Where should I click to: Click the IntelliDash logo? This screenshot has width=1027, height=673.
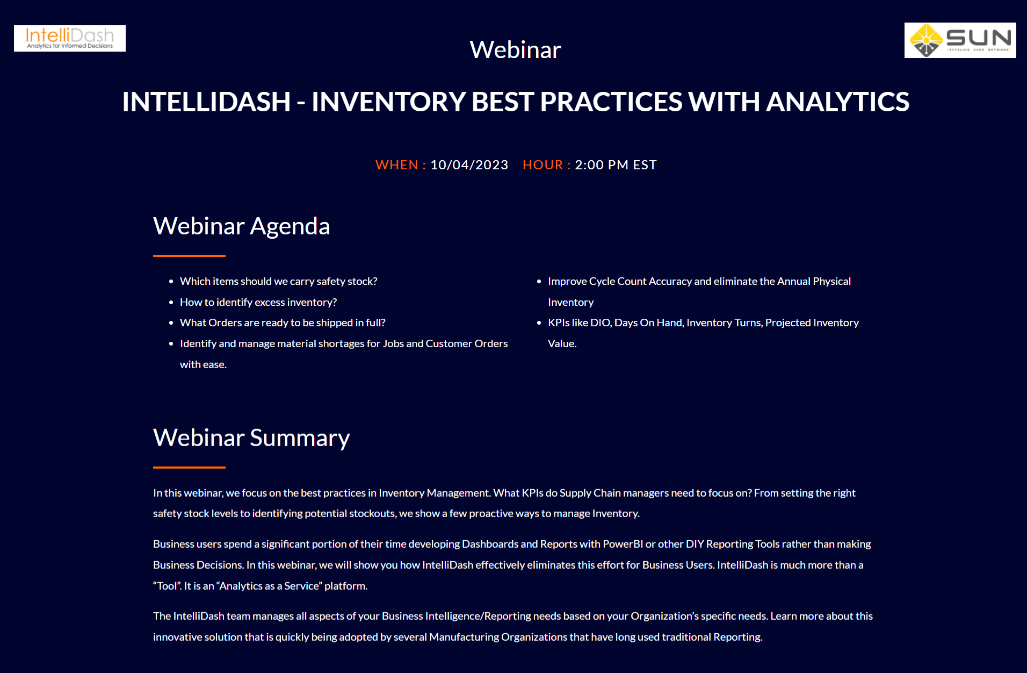(x=70, y=38)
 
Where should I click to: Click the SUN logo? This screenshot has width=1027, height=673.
(x=960, y=40)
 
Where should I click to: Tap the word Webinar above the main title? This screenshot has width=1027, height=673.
(x=515, y=49)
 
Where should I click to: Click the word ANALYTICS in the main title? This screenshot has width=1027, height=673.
(x=837, y=102)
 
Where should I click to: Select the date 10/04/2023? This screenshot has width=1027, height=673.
(x=469, y=165)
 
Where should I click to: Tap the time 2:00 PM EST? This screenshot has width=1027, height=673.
(x=616, y=165)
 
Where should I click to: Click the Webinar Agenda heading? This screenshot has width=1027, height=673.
(x=242, y=226)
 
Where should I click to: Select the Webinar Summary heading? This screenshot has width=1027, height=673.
(x=251, y=438)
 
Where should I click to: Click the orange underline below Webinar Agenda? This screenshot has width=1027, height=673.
(x=189, y=256)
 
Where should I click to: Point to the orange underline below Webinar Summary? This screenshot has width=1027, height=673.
(x=189, y=468)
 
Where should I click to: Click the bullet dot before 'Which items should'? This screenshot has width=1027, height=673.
(x=171, y=282)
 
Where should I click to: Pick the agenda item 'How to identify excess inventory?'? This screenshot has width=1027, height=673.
(x=258, y=302)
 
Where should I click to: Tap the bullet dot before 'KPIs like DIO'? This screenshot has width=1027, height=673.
(x=539, y=323)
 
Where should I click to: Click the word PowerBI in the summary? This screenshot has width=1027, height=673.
(x=623, y=544)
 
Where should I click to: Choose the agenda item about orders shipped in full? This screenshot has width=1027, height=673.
(x=283, y=323)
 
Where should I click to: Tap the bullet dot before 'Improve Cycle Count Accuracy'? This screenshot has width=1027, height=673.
(x=539, y=282)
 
